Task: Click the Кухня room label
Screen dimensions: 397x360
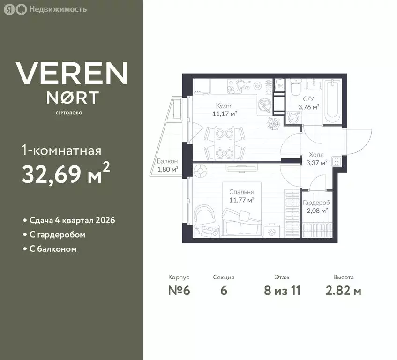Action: coord(224,105)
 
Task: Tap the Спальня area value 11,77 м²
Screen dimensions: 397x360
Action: coord(242,200)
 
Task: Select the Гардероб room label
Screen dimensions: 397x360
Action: coord(316,203)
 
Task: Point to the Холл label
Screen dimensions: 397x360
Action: coord(316,154)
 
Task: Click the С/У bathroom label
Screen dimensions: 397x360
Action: coord(308,99)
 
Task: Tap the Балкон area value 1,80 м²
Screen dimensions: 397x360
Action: coord(168,169)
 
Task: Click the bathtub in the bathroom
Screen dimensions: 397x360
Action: coord(332,101)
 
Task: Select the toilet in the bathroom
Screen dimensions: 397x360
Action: coord(296,87)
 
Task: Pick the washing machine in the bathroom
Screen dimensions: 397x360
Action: coord(294,118)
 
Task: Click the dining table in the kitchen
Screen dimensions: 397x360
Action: coord(225,143)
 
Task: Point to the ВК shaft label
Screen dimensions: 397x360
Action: coord(280,86)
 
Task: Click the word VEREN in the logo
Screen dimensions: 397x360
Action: coord(71,73)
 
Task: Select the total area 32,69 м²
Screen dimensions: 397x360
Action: coord(66,174)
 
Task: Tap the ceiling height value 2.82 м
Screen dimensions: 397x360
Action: coord(343,290)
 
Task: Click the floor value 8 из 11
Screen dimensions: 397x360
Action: coord(282,290)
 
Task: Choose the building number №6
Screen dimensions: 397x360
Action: coord(179,290)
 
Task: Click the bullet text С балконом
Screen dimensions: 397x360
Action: coord(53,249)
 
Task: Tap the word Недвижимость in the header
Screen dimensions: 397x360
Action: coord(58,9)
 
